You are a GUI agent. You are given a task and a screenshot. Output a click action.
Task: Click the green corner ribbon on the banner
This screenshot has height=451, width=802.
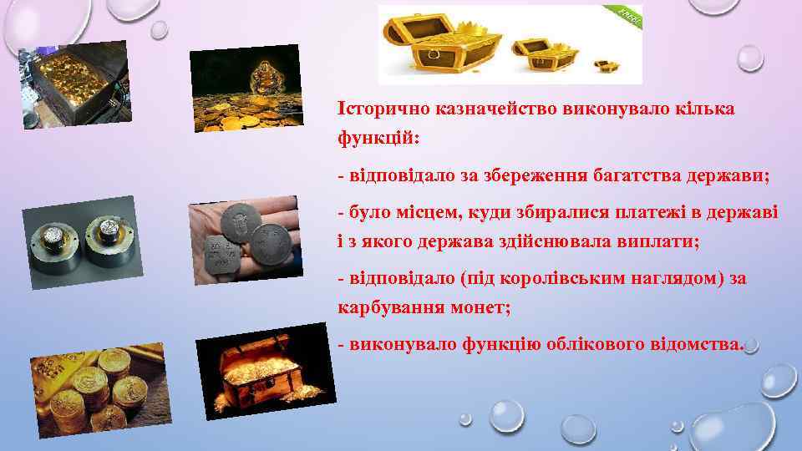627,17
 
